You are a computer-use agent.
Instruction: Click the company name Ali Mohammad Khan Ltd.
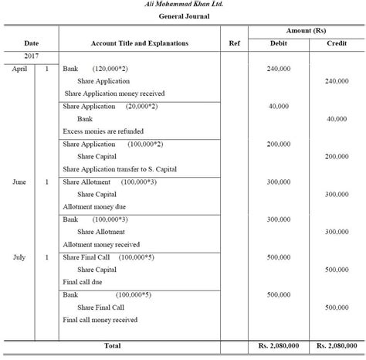click(182, 5)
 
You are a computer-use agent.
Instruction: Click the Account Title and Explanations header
click(139, 43)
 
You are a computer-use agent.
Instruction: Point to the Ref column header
click(235, 43)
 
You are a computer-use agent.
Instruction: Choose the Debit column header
click(278, 43)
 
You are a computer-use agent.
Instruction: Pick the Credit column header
click(336, 43)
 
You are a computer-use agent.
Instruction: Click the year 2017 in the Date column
click(31, 57)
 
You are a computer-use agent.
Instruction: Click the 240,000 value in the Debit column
click(278, 70)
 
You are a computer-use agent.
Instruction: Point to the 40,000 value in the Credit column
click(337, 119)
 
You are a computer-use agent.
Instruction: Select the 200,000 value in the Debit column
click(278, 144)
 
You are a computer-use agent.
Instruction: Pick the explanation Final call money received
click(100, 319)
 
